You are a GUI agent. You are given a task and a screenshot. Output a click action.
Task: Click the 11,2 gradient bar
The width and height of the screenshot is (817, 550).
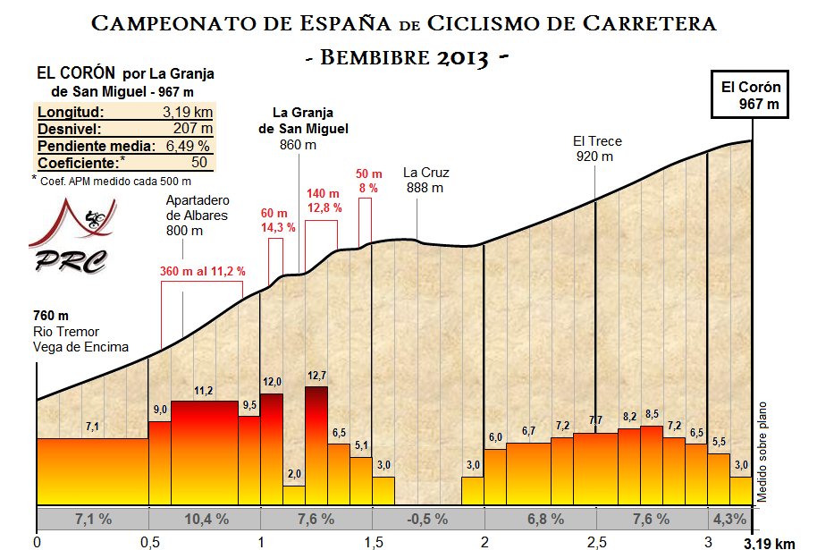[204, 452]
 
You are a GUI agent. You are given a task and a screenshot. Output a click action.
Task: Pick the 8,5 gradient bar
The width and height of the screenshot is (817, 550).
[652, 464]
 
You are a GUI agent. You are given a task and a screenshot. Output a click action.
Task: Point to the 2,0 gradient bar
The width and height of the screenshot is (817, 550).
[294, 495]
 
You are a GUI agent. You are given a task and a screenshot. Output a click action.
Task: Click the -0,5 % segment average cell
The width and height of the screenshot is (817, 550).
[427, 519]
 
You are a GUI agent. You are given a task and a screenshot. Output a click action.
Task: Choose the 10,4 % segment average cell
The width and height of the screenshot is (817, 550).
[204, 519]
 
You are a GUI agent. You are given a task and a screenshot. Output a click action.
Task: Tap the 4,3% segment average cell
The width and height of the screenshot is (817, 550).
[729, 519]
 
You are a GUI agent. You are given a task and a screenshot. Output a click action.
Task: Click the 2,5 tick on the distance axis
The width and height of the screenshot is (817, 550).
[596, 541]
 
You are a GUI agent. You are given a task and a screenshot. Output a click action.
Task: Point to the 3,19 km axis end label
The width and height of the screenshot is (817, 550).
[769, 542]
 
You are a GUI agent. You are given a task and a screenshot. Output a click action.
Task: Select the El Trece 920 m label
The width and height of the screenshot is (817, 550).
[596, 148]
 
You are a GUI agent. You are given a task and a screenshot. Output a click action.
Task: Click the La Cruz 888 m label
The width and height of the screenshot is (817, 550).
[425, 180]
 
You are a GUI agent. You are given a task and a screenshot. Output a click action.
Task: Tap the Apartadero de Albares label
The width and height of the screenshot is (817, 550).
[197, 215]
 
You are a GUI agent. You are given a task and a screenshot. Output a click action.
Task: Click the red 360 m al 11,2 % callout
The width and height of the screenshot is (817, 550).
[202, 271]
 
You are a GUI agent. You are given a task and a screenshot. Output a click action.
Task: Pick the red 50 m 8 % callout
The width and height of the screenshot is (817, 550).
[368, 181]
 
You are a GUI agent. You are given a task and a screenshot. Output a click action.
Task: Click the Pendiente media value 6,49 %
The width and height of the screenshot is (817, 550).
[186, 146]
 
